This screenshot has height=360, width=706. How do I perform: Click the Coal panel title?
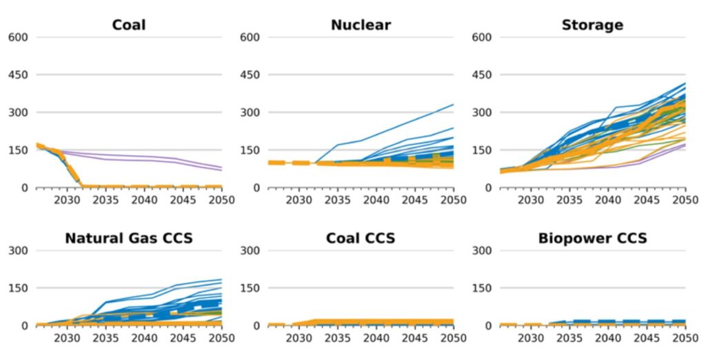pos(129,26)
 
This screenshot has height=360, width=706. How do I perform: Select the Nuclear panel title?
pos(361,26)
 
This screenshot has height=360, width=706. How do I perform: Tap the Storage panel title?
pos(592,26)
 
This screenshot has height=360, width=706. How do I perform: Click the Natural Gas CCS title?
pos(129,239)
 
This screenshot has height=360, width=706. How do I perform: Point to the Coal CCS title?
pos(361,239)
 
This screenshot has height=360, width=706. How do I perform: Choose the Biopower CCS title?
pos(592,239)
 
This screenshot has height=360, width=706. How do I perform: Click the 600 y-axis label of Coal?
pos(17,37)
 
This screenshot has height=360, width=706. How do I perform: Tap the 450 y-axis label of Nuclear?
pos(249,75)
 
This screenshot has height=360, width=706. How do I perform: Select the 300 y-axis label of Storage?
pos(481,112)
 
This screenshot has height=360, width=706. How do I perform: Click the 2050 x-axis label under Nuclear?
pos(453,201)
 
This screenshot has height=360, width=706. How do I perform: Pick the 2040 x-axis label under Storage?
pos(607,201)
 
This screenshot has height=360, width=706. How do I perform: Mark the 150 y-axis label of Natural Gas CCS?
pos(17,288)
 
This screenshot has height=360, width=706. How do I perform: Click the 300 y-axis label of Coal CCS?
pos(249,251)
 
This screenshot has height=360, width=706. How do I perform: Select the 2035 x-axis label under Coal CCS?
pos(337,339)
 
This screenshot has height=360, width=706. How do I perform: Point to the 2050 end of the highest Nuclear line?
pos(453,105)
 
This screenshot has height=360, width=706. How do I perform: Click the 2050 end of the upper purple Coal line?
pos(221,166)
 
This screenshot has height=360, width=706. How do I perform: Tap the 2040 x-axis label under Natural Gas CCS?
pos(144,339)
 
